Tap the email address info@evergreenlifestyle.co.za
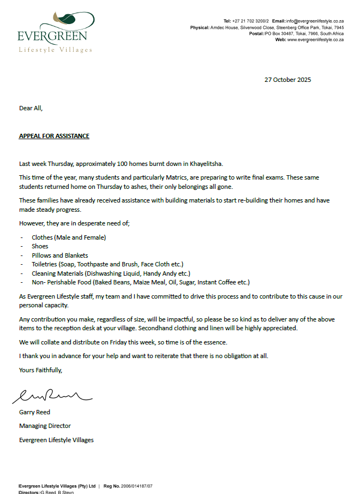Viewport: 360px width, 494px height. point(315,21)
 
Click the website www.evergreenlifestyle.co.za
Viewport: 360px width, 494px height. point(315,40)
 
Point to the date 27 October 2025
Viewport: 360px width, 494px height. point(287,80)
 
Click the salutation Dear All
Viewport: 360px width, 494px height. point(31,108)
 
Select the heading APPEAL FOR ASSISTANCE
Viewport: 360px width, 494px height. point(54,136)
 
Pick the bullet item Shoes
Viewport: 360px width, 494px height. point(40,246)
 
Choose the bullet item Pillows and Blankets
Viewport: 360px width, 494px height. point(59,255)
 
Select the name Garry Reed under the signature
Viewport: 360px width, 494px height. point(34,412)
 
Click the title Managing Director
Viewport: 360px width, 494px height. point(45,426)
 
